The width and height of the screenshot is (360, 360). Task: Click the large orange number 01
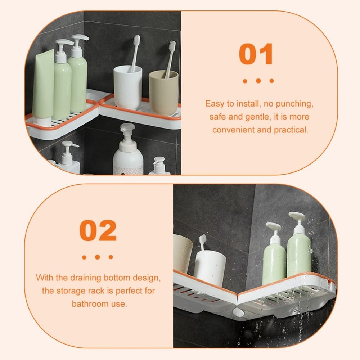256,54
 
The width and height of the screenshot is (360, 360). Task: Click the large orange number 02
98,230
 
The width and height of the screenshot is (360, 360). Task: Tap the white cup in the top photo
127,87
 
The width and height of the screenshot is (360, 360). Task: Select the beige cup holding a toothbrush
163,93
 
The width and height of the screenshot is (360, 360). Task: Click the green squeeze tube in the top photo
44,85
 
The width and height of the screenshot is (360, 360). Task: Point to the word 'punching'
296,104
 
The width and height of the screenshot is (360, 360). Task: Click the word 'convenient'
233,130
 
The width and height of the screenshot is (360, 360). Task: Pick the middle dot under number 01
258,81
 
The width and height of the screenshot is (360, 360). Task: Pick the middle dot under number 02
97,257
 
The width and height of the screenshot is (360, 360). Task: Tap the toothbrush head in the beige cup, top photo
172,46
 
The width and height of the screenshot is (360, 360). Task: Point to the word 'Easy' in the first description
215,104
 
